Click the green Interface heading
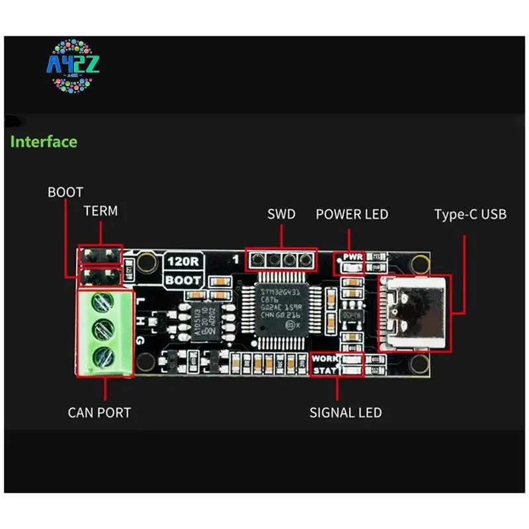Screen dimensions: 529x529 pyautogui.click(x=44, y=142)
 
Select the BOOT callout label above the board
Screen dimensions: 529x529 pyautogui.click(x=65, y=192)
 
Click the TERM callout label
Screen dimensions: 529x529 pyautogui.click(x=101, y=212)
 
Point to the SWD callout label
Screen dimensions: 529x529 pyautogui.click(x=281, y=214)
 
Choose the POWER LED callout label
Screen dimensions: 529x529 pyautogui.click(x=352, y=214)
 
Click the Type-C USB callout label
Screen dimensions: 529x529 pyautogui.click(x=471, y=214)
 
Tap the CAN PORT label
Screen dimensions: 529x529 pyautogui.click(x=99, y=413)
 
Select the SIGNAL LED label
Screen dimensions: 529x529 pyautogui.click(x=346, y=413)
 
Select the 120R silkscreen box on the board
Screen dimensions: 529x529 pyautogui.click(x=183, y=261)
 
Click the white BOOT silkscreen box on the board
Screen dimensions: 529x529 pyautogui.click(x=183, y=280)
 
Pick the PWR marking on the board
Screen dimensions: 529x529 pyautogui.click(x=351, y=257)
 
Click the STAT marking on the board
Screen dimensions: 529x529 pyautogui.click(x=325, y=370)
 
